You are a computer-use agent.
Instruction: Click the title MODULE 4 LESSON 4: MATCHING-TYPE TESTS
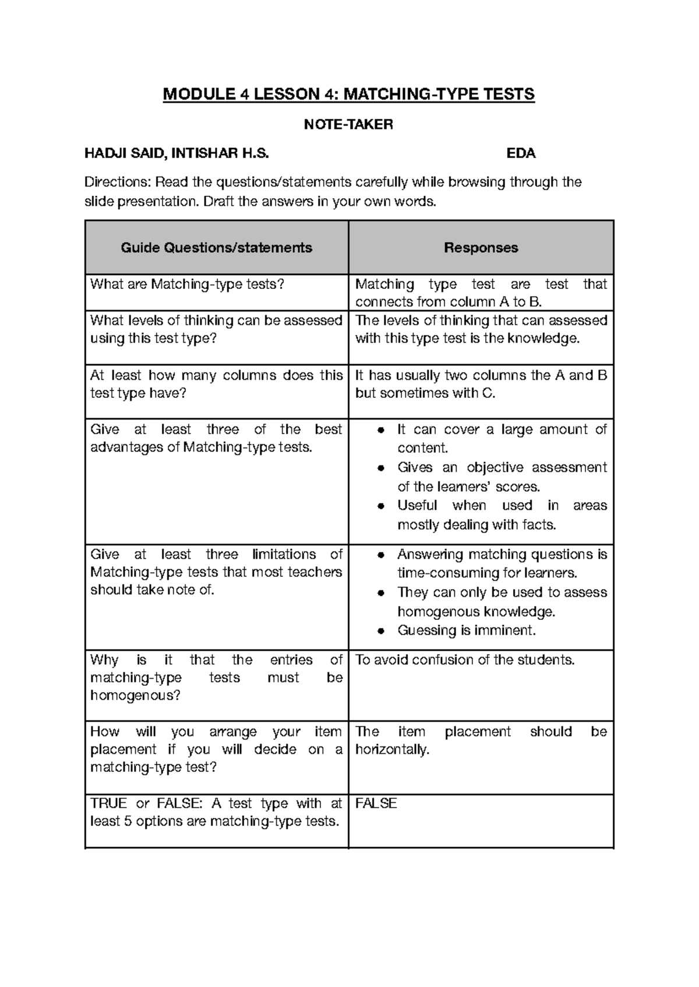point(348,94)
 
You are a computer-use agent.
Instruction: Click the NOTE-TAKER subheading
point(349,124)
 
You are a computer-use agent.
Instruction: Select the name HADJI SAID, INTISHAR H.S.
point(177,154)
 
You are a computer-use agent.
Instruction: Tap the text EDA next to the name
point(521,154)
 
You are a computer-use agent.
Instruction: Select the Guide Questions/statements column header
point(216,248)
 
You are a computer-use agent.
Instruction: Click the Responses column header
point(481,248)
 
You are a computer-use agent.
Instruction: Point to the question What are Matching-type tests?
point(187,284)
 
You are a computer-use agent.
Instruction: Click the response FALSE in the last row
point(376,803)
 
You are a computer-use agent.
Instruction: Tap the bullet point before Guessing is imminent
point(380,631)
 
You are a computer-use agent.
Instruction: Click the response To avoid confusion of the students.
point(465,660)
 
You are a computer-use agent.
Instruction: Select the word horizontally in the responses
point(392,750)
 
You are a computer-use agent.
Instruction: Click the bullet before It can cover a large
point(380,431)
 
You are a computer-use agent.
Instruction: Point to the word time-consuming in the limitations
point(448,573)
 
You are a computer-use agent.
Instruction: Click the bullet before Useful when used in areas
point(380,506)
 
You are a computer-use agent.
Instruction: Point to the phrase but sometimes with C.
point(425,393)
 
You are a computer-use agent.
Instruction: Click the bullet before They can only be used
point(380,593)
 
